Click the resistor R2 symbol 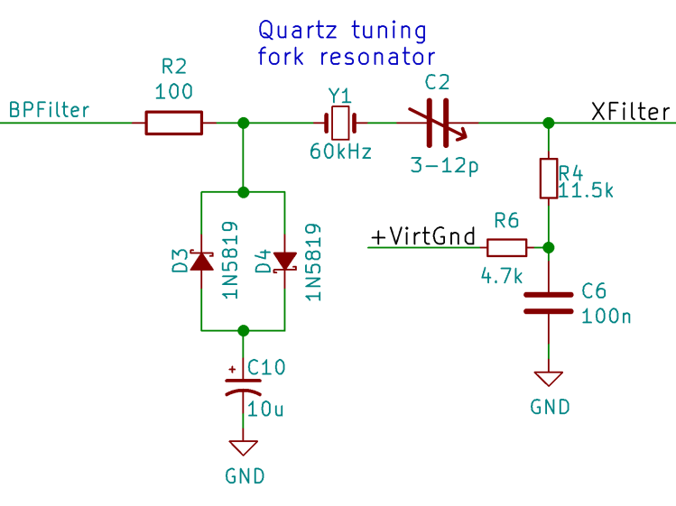173,123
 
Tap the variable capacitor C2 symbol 437,123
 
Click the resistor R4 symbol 548,179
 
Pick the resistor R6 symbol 506,247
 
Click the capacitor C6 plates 548,303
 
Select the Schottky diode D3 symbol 199,262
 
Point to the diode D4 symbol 285,262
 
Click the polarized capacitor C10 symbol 242,387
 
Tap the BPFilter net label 50,110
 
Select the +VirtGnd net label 422,237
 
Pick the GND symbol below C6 548,380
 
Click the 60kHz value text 340,152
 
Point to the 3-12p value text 443,165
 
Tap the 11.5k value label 587,190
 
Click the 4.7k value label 501,276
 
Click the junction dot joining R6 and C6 548,247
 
